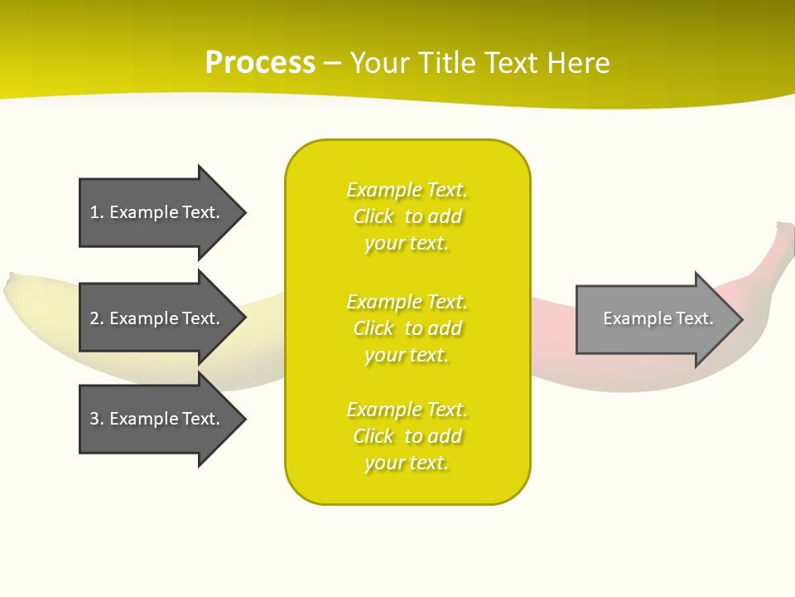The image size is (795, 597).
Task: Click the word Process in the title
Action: tap(260, 63)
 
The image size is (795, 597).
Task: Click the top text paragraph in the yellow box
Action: tap(407, 216)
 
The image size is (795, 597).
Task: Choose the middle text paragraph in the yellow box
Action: tap(407, 328)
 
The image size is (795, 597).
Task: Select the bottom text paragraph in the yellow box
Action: tap(407, 436)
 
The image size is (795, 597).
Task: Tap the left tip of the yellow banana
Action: tap(10, 287)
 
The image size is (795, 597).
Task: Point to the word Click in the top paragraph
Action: tap(373, 216)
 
